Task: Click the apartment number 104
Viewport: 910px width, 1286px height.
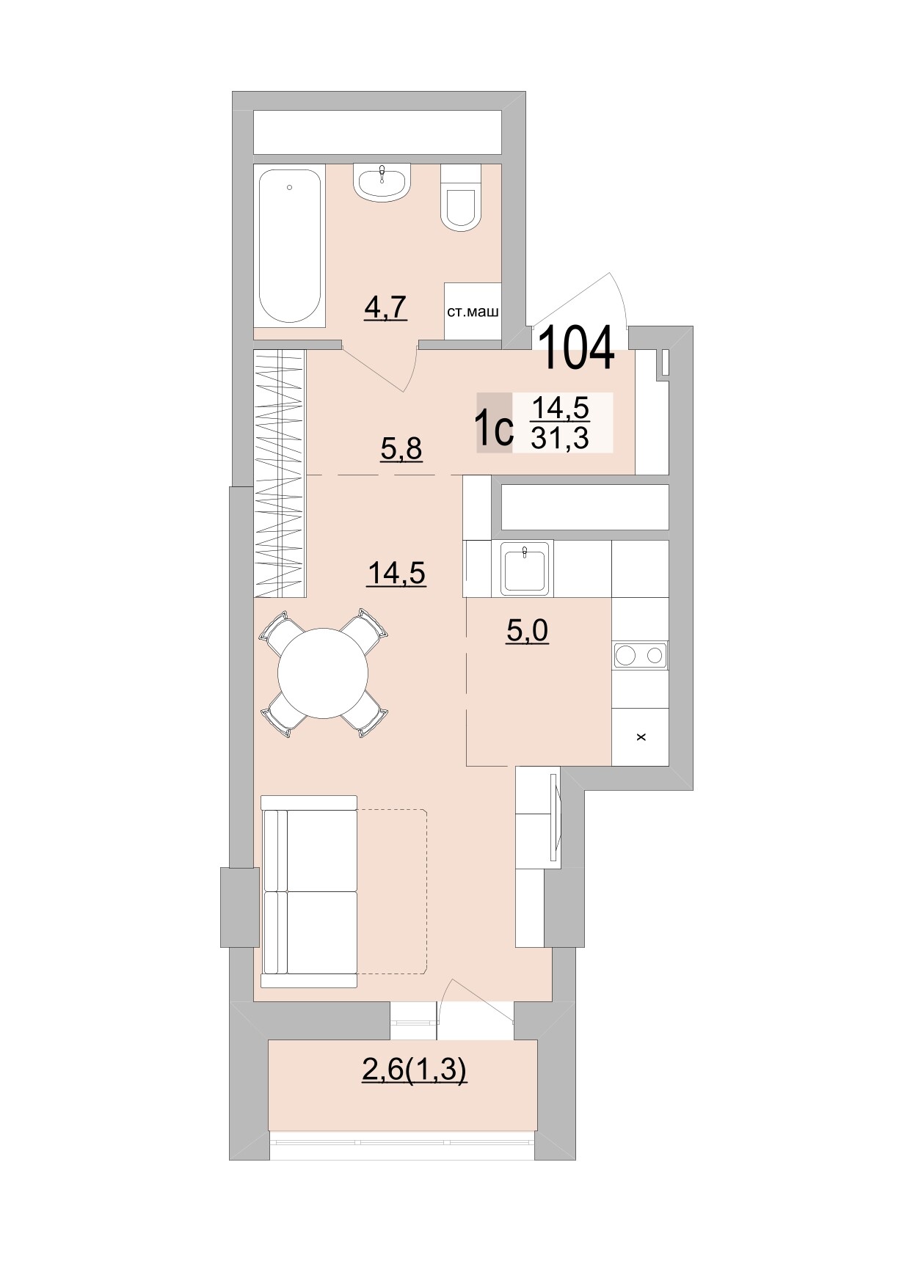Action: (577, 348)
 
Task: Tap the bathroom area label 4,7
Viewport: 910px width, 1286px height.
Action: (385, 307)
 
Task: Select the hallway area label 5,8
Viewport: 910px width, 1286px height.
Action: (401, 447)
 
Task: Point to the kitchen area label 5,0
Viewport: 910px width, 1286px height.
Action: (528, 630)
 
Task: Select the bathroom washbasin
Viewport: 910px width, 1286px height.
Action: (382, 181)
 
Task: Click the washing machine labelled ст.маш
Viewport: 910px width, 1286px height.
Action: (473, 311)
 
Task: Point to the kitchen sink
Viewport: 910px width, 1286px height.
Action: (525, 569)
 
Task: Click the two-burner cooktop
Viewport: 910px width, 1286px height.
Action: (640, 654)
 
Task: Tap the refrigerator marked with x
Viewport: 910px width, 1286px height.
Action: (640, 737)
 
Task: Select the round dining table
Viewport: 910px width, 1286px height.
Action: (324, 673)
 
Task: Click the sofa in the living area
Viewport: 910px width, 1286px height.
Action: (310, 891)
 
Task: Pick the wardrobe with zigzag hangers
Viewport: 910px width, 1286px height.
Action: (279, 473)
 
